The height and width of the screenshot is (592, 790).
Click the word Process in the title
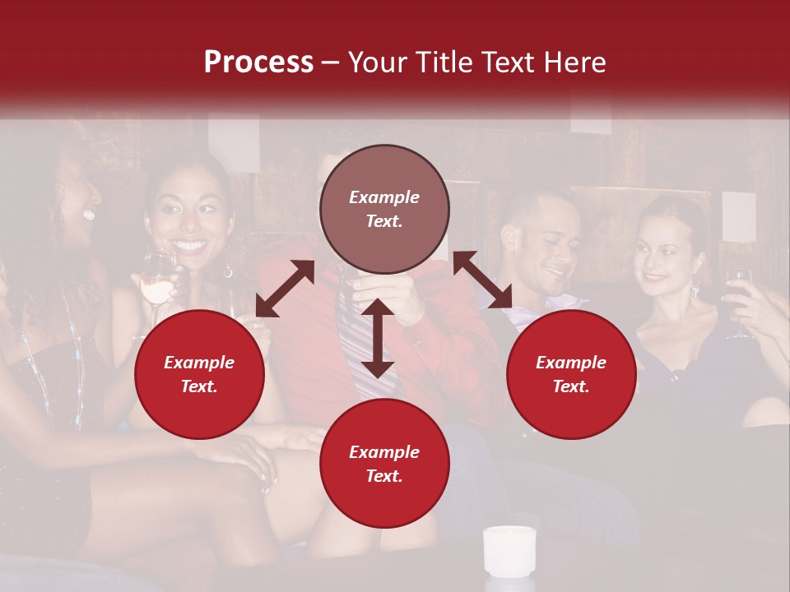tap(258, 62)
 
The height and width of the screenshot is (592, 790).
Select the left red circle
tap(199, 374)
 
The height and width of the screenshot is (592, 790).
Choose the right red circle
tap(571, 374)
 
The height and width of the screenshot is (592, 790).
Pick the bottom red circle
tap(384, 463)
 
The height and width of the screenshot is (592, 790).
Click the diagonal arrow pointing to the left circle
tap(285, 289)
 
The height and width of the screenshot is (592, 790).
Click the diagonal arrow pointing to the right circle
tap(482, 280)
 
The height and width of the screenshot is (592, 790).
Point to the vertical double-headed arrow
tap(378, 338)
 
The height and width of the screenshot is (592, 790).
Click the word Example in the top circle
tap(384, 197)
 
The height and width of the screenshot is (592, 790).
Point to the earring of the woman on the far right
tap(696, 287)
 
